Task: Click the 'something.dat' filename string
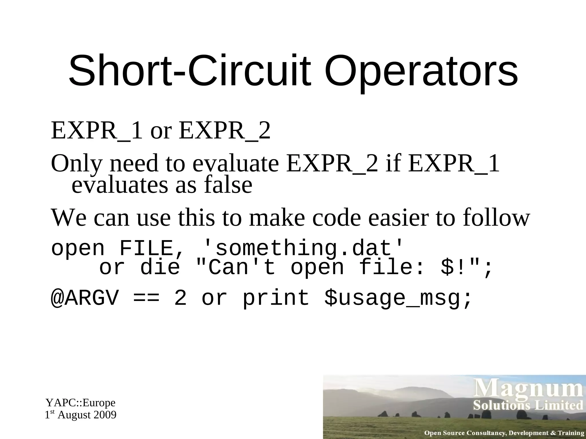point(304,248)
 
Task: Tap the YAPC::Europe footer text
point(81,403)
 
